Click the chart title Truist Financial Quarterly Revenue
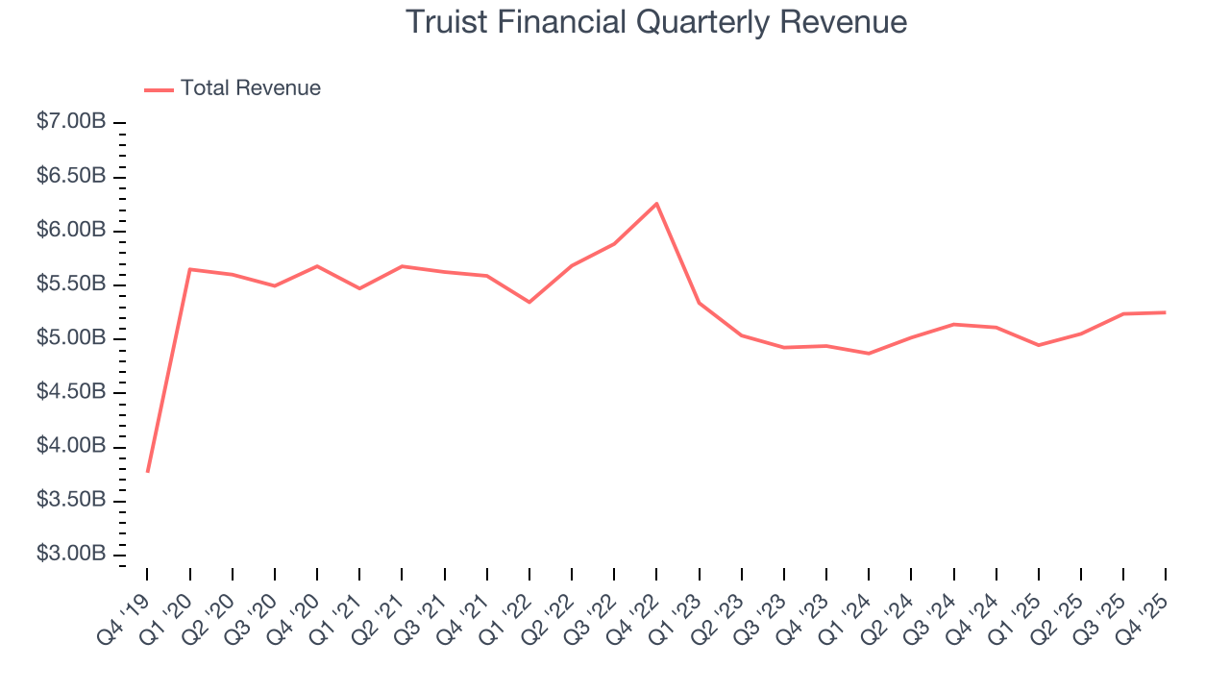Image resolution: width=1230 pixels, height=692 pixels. (655, 22)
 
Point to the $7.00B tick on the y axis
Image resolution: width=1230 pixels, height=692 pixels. (71, 123)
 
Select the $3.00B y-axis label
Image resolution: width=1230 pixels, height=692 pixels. (71, 556)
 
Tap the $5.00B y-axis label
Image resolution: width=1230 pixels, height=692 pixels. (71, 339)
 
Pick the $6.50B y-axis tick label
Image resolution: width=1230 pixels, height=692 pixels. (71, 177)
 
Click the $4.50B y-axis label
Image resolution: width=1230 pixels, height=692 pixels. (71, 393)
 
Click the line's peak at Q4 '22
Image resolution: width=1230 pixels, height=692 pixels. (656, 203)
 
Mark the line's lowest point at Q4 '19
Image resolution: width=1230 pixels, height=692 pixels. (147, 471)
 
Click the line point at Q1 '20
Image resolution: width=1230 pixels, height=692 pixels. (190, 269)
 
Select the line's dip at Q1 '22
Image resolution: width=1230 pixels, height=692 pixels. (529, 303)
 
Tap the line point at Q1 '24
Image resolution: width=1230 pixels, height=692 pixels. (869, 354)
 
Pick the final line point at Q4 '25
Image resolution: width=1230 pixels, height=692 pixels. (1165, 312)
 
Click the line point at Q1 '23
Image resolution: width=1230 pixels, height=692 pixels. (699, 303)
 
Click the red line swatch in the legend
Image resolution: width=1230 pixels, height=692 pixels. (159, 89)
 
